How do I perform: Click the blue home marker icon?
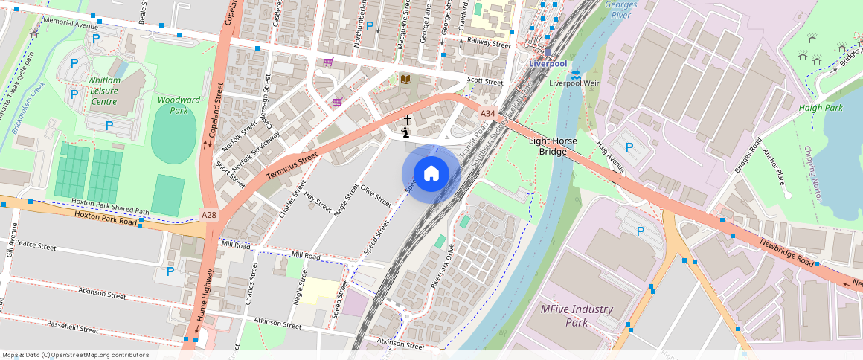431,174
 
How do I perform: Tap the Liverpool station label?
548,64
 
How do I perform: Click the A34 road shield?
487,113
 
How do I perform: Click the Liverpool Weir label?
574,83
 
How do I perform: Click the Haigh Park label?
821,108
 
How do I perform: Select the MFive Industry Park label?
577,315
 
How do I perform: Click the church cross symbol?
407,119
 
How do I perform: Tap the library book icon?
406,79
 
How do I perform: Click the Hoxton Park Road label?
106,218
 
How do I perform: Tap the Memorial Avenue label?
71,24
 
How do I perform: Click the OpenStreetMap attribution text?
75,355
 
